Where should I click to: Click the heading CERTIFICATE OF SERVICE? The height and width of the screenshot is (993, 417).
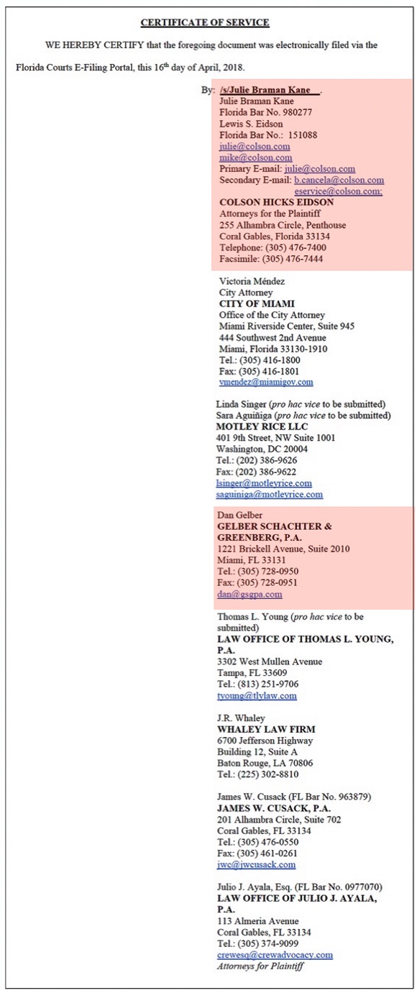205,23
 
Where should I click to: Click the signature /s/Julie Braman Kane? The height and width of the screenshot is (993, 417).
270,91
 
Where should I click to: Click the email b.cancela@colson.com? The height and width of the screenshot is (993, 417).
339,180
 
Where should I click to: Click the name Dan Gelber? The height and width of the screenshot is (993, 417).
240,516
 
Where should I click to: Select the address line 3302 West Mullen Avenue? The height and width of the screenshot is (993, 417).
270,662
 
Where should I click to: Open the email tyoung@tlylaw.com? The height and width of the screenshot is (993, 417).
257,696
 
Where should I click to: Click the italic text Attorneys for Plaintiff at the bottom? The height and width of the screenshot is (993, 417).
260,966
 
